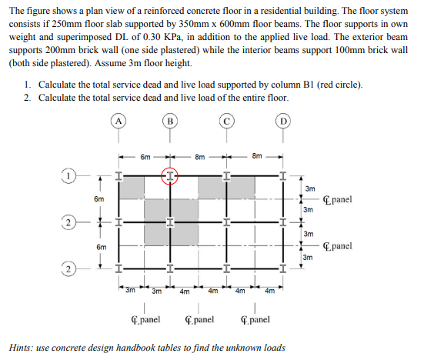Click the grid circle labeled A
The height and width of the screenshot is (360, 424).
tap(119, 122)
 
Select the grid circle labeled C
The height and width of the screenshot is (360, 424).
tap(226, 122)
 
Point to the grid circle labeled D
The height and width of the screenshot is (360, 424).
tap(284, 122)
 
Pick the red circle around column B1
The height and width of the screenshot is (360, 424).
tap(169, 175)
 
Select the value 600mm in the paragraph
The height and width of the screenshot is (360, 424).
tap(270, 25)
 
